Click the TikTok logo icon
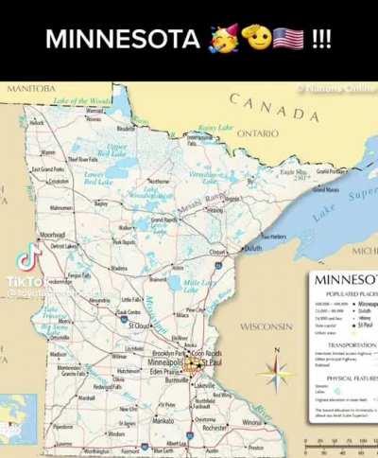(29, 256)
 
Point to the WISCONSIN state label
(266, 326)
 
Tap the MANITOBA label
(31, 88)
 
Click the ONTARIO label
(256, 134)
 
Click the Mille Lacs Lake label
(198, 282)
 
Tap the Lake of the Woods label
(82, 101)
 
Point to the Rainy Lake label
(215, 128)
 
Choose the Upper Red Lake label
(116, 150)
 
